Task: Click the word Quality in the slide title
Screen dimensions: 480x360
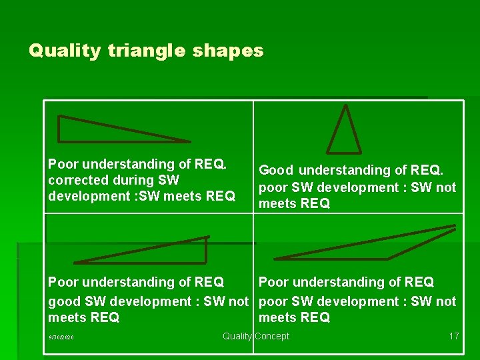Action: tap(65, 51)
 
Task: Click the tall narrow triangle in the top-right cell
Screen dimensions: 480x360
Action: tap(344, 133)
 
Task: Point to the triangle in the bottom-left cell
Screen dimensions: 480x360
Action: tap(173, 252)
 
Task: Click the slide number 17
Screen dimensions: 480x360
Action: tap(453, 336)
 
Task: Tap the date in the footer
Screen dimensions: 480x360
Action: tap(61, 337)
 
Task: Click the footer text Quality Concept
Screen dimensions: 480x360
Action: tap(256, 336)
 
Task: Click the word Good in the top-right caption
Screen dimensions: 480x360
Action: tap(276, 171)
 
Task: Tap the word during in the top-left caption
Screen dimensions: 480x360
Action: tap(139, 180)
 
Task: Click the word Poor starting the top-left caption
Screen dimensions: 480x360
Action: tap(63, 164)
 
